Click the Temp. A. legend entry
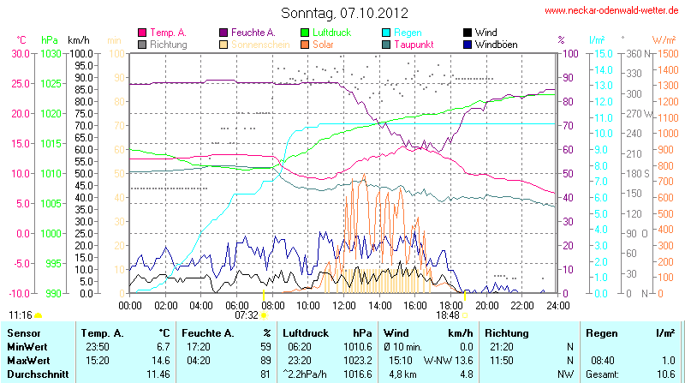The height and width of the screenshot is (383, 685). click(168, 33)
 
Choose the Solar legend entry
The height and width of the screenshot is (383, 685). click(323, 44)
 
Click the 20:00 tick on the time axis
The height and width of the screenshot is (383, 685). click(486, 304)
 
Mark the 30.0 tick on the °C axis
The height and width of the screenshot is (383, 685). click(20, 53)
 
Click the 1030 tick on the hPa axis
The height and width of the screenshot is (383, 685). click(51, 53)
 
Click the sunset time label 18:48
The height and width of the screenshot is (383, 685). click(447, 314)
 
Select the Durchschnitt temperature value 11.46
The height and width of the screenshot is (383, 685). click(158, 374)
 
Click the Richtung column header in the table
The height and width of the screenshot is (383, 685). click(508, 332)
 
